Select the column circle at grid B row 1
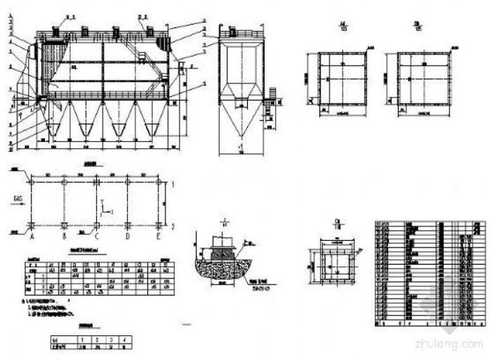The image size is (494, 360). pos(64,183)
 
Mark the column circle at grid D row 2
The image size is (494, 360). pos(127,226)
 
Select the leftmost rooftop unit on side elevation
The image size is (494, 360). pos(56,31)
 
